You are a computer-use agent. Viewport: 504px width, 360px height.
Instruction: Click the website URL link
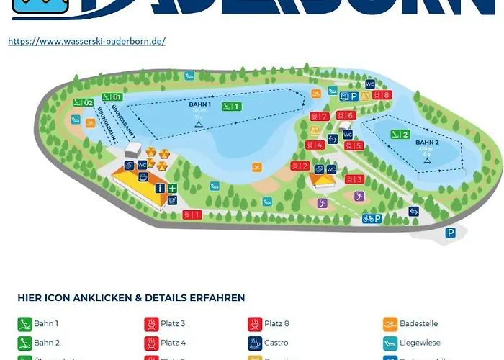click(86, 41)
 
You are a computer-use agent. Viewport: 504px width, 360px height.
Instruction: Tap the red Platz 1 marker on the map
click(192, 215)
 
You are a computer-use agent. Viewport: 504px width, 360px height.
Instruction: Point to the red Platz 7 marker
click(319, 117)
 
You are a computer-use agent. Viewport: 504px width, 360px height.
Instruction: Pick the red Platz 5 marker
click(354, 146)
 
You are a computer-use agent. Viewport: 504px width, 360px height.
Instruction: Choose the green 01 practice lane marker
click(112, 96)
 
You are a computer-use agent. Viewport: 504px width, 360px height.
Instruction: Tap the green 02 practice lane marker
click(83, 102)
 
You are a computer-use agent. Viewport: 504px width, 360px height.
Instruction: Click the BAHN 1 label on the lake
click(199, 104)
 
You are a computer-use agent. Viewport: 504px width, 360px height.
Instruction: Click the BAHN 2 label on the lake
click(427, 143)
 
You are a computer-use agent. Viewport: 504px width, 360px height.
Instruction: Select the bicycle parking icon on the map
click(372, 218)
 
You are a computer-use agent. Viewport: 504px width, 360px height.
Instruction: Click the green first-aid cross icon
click(172, 188)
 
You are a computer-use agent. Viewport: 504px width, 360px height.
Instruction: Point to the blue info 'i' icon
click(160, 188)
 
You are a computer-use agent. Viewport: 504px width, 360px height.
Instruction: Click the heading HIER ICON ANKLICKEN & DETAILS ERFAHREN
click(131, 297)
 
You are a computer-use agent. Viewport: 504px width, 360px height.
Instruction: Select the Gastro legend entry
click(276, 343)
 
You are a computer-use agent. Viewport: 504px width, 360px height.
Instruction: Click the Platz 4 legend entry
click(173, 343)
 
